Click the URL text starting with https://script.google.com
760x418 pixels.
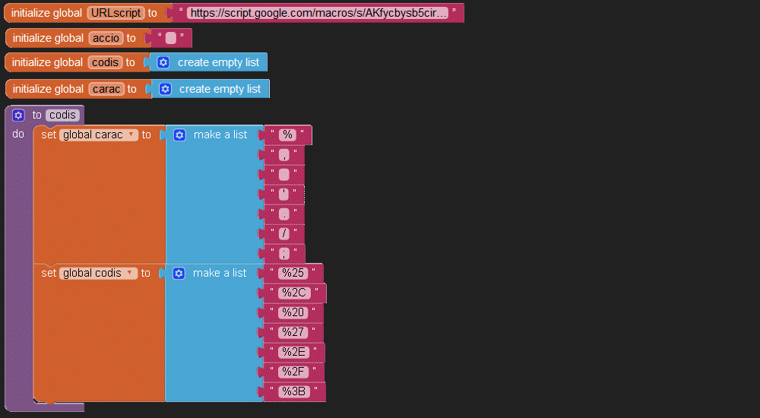point(318,13)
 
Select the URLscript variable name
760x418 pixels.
point(116,13)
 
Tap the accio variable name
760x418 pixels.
point(106,38)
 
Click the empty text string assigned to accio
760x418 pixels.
point(170,38)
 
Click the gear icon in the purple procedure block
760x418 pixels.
point(18,115)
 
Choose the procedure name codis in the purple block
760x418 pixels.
point(62,115)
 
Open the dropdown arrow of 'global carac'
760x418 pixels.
point(131,135)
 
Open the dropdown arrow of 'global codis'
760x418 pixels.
point(129,273)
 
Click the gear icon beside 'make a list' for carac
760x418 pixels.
point(179,135)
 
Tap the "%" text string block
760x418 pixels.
point(287,135)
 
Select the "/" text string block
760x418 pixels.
point(284,234)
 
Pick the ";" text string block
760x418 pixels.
point(284,254)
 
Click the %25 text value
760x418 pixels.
point(293,273)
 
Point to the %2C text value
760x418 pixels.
point(295,293)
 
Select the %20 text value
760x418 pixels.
point(293,312)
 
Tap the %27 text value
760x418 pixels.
point(293,332)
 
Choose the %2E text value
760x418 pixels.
point(294,352)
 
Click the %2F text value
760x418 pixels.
point(293,372)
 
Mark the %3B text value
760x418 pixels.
point(294,391)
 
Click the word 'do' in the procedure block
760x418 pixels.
point(18,134)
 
